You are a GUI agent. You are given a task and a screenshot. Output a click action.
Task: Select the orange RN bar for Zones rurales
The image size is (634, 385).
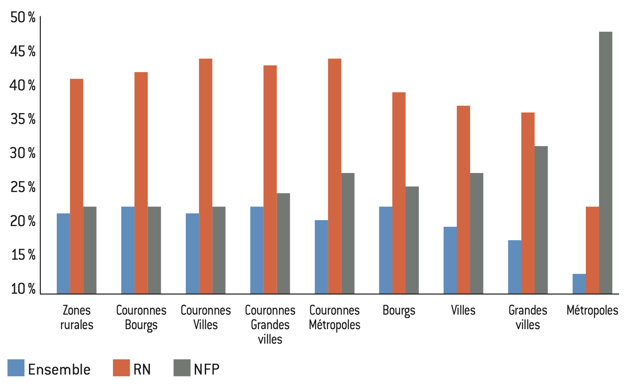(x=76, y=186)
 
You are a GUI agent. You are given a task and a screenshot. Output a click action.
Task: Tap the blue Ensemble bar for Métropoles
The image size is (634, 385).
(x=579, y=284)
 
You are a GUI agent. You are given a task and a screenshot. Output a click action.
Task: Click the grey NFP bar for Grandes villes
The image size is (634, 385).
(x=541, y=220)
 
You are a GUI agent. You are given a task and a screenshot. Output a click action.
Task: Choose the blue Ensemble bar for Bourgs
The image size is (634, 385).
(x=386, y=250)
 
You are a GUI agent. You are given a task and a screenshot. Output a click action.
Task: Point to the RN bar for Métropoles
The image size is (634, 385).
(x=592, y=250)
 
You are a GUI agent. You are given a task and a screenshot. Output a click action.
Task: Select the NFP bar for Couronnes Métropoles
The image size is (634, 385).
(x=348, y=233)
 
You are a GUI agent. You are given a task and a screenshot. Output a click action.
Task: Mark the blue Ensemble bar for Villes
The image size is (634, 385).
(x=450, y=260)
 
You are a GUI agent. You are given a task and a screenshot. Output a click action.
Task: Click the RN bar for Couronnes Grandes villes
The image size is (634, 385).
(x=270, y=179)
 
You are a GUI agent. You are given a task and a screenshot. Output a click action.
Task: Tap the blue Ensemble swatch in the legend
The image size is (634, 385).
(x=16, y=368)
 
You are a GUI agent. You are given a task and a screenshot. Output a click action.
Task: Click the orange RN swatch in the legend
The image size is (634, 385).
(x=121, y=368)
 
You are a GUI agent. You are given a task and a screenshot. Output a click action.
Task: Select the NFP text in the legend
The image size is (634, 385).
(x=206, y=369)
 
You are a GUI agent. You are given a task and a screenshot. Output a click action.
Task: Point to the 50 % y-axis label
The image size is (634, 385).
(x=23, y=18)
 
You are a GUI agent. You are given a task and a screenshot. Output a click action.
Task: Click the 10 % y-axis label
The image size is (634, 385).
(x=23, y=289)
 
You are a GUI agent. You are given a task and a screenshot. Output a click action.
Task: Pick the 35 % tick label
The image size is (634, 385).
(x=23, y=119)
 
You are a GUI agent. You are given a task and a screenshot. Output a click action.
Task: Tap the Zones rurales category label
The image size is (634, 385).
(x=77, y=318)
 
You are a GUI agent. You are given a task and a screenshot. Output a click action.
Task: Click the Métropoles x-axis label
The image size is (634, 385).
(x=592, y=311)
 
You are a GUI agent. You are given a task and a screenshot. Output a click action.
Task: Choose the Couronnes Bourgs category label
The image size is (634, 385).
(x=141, y=318)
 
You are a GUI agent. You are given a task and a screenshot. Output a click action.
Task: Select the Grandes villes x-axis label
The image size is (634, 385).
(x=528, y=318)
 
